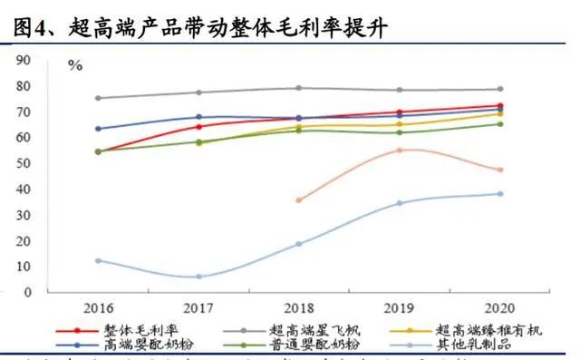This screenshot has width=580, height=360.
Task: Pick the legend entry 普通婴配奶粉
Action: (317, 345)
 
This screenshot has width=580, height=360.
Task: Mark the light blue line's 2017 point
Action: (198, 277)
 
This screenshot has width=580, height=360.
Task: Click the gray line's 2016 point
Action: (98, 98)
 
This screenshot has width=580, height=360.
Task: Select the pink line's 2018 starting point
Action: (299, 200)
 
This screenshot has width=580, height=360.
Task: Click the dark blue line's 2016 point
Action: (98, 129)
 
